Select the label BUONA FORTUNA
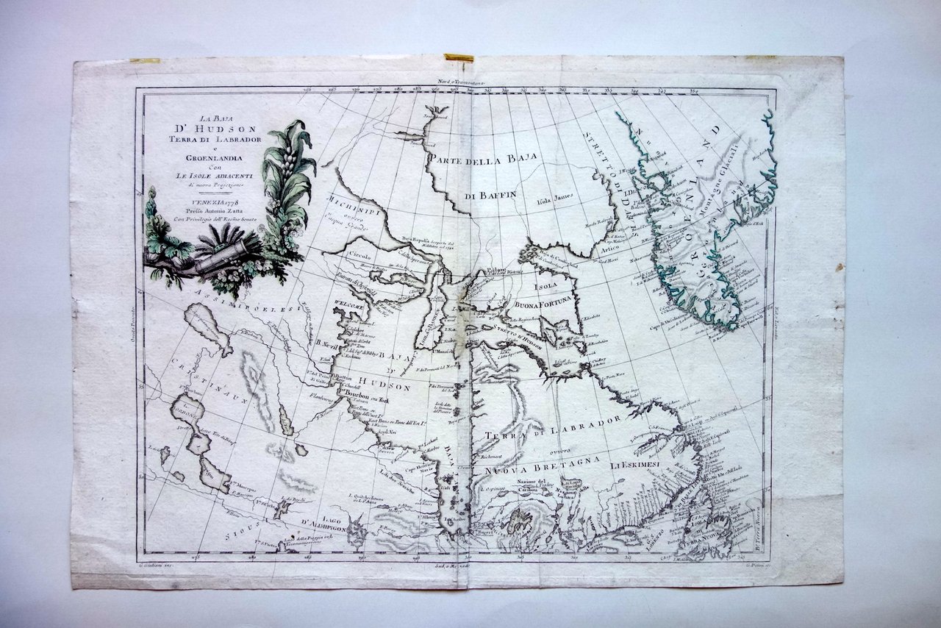(539, 301)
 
